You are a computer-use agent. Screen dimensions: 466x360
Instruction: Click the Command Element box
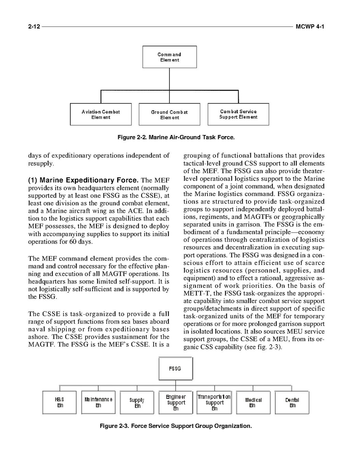tap(170, 57)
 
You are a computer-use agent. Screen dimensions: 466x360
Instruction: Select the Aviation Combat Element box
tap(101, 114)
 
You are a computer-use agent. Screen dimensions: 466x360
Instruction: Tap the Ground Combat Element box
tap(170, 115)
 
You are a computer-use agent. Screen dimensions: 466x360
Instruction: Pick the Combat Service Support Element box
tap(238, 114)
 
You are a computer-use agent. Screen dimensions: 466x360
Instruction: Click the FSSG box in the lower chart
tap(176, 368)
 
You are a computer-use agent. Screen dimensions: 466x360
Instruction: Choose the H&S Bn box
tap(59, 403)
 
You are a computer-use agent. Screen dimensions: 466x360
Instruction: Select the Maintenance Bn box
tap(98, 403)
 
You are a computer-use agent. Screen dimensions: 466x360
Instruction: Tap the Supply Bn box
tap(137, 403)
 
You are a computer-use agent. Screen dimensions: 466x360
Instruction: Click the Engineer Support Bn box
tap(176, 403)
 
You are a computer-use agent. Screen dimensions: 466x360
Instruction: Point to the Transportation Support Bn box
tap(214, 403)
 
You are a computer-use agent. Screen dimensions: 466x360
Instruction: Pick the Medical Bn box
tap(253, 403)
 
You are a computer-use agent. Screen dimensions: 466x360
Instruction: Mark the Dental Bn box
tap(292, 403)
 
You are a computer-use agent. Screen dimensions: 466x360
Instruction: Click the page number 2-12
tap(34, 26)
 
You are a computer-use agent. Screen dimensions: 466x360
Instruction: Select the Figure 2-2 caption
tap(176, 137)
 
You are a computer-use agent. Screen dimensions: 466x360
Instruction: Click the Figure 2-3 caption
tap(176, 426)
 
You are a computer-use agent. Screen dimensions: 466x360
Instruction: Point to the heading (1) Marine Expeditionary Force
tap(83, 180)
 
